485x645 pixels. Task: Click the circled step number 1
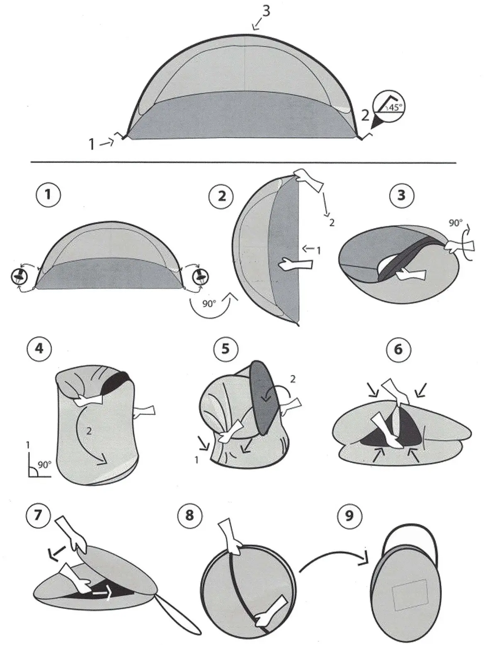click(48, 195)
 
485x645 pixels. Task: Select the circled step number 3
click(402, 195)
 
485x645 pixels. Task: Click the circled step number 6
click(398, 349)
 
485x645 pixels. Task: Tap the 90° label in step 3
click(455, 223)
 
